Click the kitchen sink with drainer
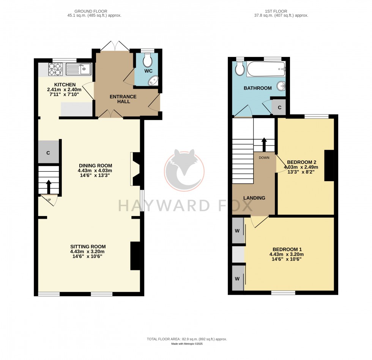pos(78,69)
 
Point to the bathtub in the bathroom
pos(266,69)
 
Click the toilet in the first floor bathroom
pos(239,68)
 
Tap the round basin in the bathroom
pos(281,86)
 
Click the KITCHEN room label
pos(65,84)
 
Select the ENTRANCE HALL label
pos(123,99)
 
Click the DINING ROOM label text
pos(95,165)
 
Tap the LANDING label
pos(254,198)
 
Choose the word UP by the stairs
pos(49,200)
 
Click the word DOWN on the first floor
pos(264,157)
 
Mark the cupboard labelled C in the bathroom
pos(279,107)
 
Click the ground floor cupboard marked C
pos(48,153)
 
